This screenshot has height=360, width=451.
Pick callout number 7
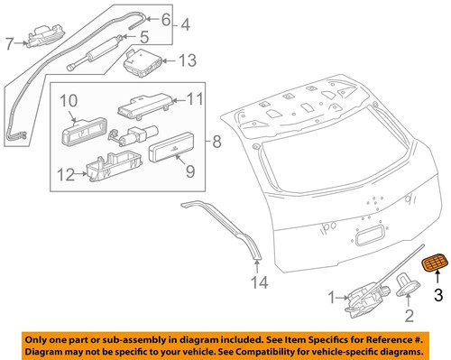point(10,42)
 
